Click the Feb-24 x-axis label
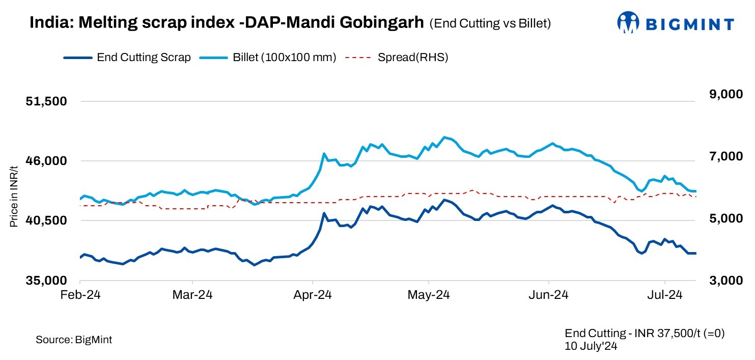point(80,295)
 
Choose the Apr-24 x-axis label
point(312,295)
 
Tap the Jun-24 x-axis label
point(549,295)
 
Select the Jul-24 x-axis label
point(665,295)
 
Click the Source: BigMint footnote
point(74,340)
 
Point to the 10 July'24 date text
point(591,345)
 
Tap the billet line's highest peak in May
point(444,137)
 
